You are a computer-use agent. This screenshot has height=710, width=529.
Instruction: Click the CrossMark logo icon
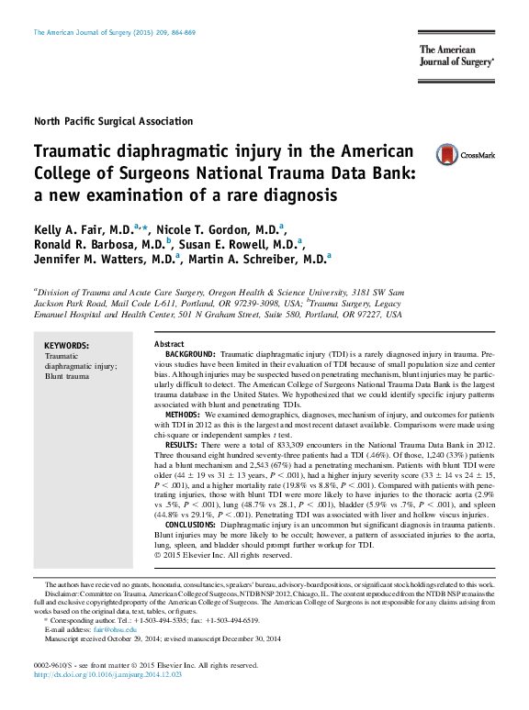click(x=447, y=154)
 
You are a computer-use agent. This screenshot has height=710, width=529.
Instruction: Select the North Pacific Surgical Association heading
click(x=113, y=121)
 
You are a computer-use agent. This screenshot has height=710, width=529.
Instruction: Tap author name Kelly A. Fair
click(x=83, y=228)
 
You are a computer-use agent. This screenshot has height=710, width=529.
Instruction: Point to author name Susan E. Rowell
click(x=244, y=244)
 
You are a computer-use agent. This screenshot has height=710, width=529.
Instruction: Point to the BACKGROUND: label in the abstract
click(x=190, y=354)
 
